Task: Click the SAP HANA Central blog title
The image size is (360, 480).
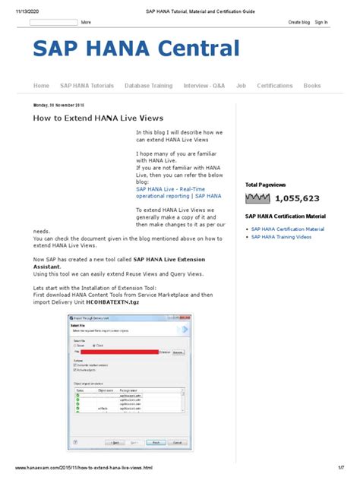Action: (136, 50)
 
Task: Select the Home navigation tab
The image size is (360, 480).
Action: (41, 86)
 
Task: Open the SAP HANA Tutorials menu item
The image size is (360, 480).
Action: (87, 86)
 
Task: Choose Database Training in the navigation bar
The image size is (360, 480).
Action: (148, 86)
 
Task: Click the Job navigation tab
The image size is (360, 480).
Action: (241, 86)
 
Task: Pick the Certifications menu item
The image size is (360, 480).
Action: (274, 86)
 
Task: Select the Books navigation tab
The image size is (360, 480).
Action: (312, 86)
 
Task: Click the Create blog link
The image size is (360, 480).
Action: (299, 23)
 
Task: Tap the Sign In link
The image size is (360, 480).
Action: (321, 23)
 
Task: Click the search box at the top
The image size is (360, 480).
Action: (53, 23)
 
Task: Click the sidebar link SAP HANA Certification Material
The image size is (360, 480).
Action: (287, 229)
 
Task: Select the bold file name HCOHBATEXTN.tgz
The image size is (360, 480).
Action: (103, 302)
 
